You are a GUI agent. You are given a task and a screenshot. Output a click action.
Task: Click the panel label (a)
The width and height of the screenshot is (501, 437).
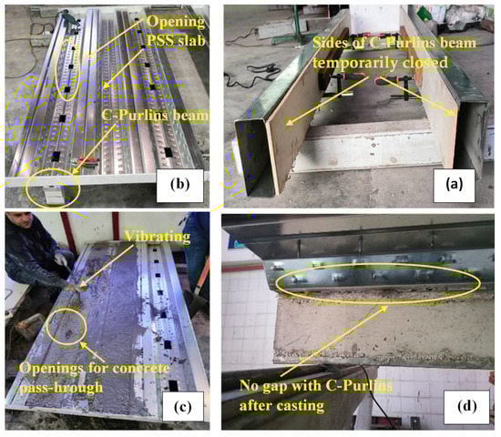pos(454,185)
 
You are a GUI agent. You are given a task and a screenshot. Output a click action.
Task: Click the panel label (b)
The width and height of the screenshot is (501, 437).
pos(180,184)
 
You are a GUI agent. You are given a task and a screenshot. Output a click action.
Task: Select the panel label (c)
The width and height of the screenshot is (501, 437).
pos(183,407)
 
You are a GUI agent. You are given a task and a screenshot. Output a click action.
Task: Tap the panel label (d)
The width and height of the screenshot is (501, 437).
pos(466,406)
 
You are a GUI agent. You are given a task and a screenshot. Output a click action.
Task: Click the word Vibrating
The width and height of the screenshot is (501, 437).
pos(158,237)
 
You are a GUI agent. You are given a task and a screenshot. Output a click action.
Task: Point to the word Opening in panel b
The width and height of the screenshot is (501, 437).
pos(176,22)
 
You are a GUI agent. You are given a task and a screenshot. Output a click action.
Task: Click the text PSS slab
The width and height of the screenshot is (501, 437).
pos(176,41)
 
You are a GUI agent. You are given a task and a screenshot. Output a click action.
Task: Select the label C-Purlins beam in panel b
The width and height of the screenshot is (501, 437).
pos(155,116)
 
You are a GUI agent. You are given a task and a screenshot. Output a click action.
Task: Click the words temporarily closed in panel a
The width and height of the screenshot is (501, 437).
pos(380,63)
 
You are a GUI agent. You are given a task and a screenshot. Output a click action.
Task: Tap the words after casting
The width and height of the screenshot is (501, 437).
pos(281,406)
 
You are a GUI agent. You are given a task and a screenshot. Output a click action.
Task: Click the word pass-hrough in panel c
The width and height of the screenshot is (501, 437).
pos(61,388)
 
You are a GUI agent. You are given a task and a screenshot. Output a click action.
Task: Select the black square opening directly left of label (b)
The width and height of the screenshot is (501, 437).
pos(169,152)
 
